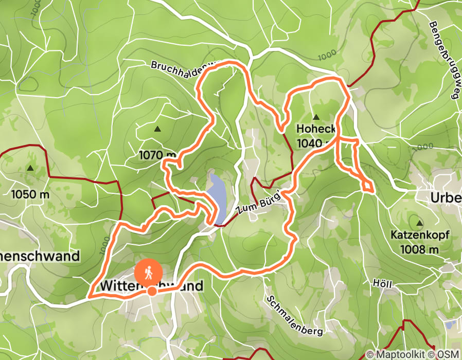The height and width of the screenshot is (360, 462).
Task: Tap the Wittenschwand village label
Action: (151, 285)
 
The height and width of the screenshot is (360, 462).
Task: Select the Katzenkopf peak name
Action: (419, 236)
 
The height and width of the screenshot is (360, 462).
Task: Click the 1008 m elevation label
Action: (419, 249)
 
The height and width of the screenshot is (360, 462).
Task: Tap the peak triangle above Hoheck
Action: (316, 117)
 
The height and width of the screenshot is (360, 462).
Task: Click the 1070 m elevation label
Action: (157, 154)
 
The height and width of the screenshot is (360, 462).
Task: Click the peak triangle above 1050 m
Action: (30, 168)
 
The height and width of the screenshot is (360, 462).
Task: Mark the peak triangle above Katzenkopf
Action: (419, 223)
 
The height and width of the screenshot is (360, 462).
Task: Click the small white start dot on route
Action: (152, 292)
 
